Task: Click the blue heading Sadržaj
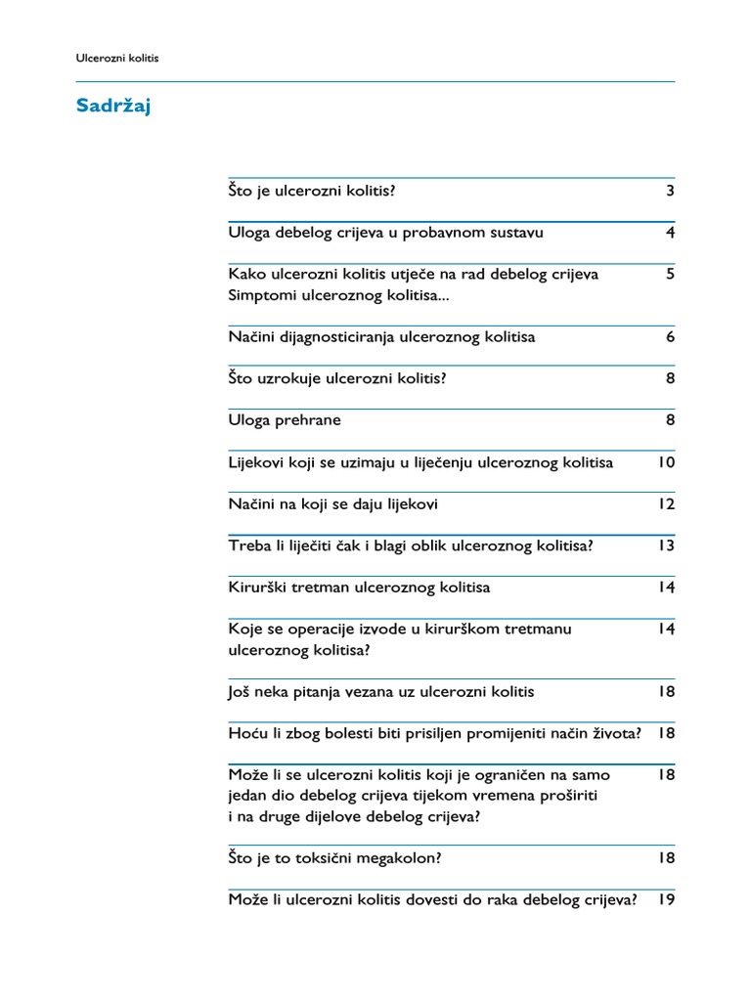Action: (113, 107)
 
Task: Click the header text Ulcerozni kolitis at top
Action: (117, 59)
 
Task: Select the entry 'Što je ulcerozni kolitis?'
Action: (312, 191)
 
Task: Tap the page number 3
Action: (670, 191)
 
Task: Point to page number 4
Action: (670, 233)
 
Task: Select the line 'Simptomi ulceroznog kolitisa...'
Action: (339, 295)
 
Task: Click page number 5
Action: (670, 275)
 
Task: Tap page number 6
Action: (670, 337)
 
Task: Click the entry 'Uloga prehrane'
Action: (285, 420)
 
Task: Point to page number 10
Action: (666, 462)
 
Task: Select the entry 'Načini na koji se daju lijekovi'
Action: (332, 504)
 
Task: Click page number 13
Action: (666, 545)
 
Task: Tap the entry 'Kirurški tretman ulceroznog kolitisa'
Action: (359, 588)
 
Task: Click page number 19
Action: (666, 900)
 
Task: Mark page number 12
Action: (666, 504)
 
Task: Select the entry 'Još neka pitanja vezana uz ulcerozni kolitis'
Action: (381, 692)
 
